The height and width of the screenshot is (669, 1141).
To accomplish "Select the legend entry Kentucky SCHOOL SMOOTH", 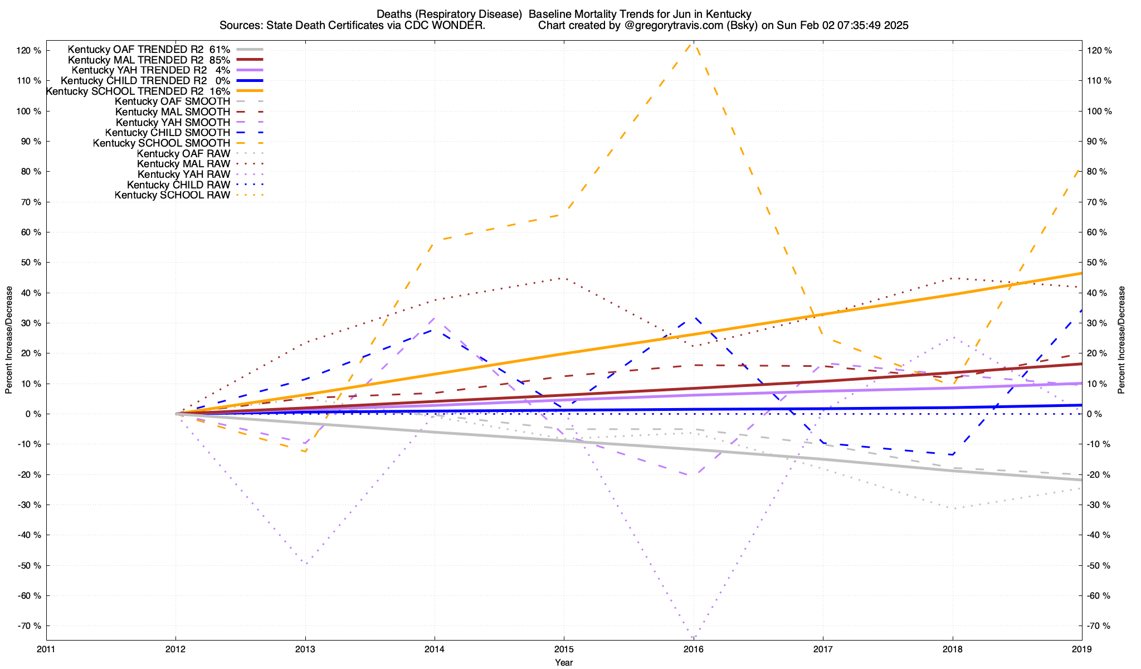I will click(x=162, y=143).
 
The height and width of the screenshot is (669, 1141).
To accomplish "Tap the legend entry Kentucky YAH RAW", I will click(x=184, y=174).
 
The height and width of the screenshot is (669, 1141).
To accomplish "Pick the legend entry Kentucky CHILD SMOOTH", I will click(x=168, y=133).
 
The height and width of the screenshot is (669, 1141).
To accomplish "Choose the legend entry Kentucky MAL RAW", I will click(x=184, y=164).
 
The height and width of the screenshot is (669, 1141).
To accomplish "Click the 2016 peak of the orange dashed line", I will click(x=693, y=43).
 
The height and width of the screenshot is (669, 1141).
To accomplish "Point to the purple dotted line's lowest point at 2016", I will click(x=693, y=637).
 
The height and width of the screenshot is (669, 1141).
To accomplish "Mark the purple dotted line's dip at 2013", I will click(x=306, y=564).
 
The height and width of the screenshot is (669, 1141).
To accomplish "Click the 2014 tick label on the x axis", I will click(x=435, y=649).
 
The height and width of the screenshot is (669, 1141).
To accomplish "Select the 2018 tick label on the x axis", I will click(x=953, y=649).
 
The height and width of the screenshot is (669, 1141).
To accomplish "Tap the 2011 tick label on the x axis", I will click(x=46, y=649).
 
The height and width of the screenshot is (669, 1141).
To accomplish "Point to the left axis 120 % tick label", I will click(x=30, y=51).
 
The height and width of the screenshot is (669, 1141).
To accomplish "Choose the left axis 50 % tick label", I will click(x=31, y=263).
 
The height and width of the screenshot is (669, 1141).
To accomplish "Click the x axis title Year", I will click(x=564, y=662).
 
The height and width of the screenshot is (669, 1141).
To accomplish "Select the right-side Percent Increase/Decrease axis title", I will click(x=1122, y=340).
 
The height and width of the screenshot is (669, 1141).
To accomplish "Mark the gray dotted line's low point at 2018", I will click(x=954, y=508).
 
